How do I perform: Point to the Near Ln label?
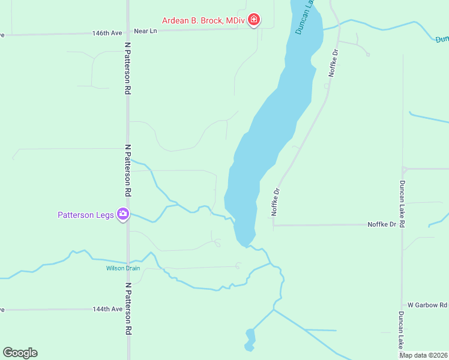[x=145, y=31]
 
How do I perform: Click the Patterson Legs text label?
[x=86, y=214]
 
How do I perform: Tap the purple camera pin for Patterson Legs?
[x=123, y=214]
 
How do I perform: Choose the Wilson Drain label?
[x=123, y=268]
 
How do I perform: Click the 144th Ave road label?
[x=107, y=309]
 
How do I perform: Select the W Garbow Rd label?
[x=427, y=305]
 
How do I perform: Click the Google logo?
[x=20, y=353]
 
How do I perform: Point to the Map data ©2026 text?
[x=423, y=355]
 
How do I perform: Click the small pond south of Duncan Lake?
[x=250, y=339]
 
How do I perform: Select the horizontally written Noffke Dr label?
[x=382, y=224]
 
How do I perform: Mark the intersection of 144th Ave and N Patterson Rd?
[x=127, y=309]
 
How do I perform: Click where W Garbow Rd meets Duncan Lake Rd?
[x=402, y=305]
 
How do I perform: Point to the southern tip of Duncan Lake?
[x=243, y=244]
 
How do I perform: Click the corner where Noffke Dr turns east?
[x=274, y=226]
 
